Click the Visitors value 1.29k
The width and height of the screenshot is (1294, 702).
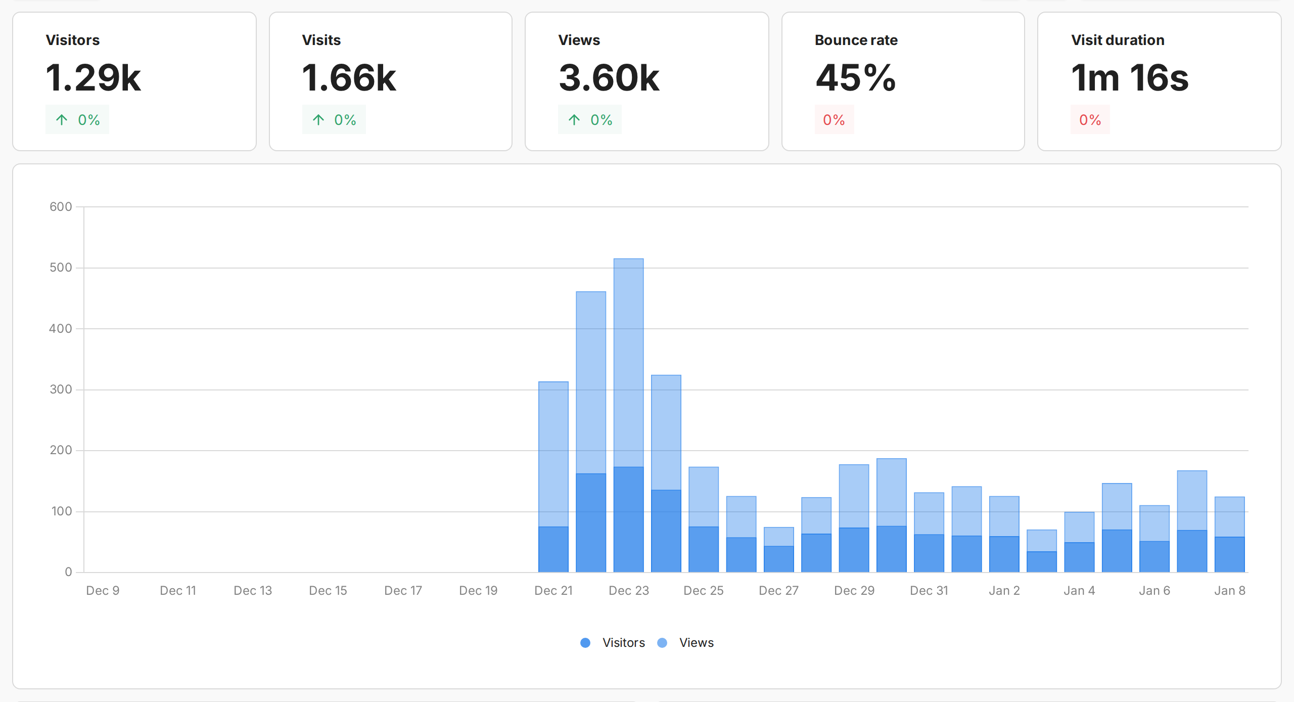click(x=93, y=78)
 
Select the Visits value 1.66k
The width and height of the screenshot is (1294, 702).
click(x=349, y=78)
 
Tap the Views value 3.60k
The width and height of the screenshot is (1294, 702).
click(x=609, y=78)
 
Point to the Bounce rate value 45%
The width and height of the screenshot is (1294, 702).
click(x=855, y=78)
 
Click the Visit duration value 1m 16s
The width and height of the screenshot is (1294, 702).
click(x=1129, y=78)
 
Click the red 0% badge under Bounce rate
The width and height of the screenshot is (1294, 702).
click(x=834, y=120)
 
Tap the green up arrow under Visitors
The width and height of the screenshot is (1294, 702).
click(x=62, y=120)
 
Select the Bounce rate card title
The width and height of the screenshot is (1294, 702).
click(x=856, y=40)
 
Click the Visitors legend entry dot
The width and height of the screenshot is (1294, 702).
click(x=585, y=643)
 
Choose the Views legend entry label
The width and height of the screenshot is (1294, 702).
click(x=696, y=643)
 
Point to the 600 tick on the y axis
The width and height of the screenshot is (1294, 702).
click(x=61, y=206)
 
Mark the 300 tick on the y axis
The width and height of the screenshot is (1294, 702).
click(x=61, y=389)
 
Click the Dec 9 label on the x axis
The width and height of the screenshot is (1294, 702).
click(x=103, y=591)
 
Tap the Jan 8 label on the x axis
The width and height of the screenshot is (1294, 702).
click(x=1229, y=591)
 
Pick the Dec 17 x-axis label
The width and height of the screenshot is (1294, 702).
click(x=403, y=591)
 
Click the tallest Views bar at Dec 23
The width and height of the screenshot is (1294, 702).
click(x=628, y=354)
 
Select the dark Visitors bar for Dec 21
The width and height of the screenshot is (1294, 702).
click(x=553, y=550)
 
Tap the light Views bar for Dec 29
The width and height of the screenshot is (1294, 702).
click(x=854, y=496)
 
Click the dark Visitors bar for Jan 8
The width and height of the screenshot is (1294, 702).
click(x=1229, y=555)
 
